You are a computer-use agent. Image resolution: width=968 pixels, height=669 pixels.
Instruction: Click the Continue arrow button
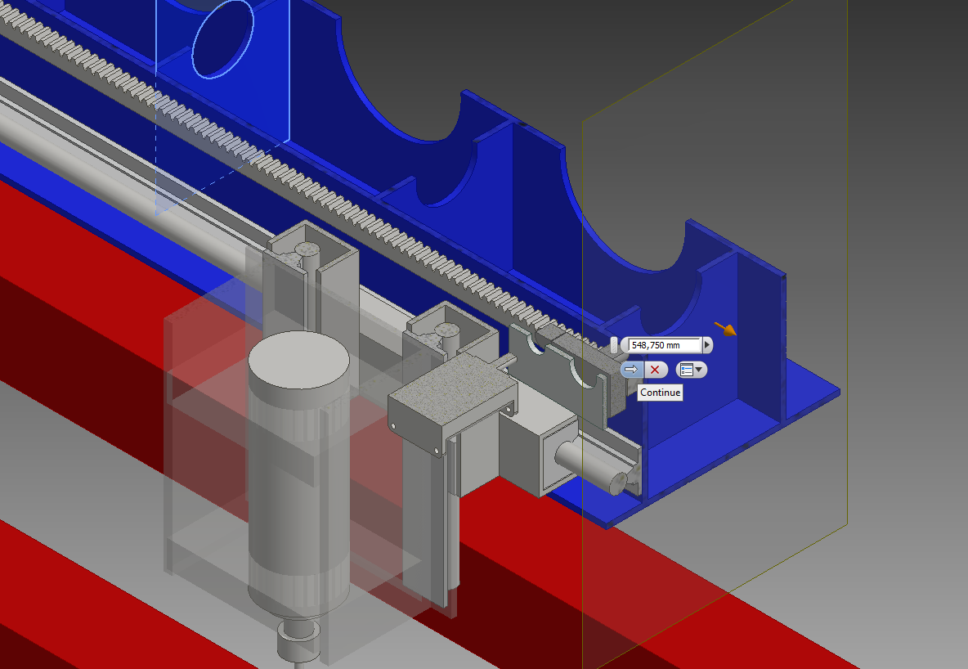tap(631, 370)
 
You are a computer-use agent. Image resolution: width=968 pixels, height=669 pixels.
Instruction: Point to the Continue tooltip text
tap(660, 393)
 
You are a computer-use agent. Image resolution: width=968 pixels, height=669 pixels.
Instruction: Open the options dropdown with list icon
tap(691, 370)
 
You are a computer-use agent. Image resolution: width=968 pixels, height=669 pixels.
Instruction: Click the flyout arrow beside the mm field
tap(707, 345)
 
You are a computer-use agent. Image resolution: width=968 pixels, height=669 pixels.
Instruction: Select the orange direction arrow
tap(725, 329)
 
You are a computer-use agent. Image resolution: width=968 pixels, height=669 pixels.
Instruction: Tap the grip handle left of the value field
tap(614, 345)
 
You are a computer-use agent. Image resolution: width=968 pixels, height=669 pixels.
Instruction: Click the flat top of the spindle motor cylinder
tap(298, 360)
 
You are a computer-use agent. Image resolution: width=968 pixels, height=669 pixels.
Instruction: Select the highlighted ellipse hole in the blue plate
tap(222, 38)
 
